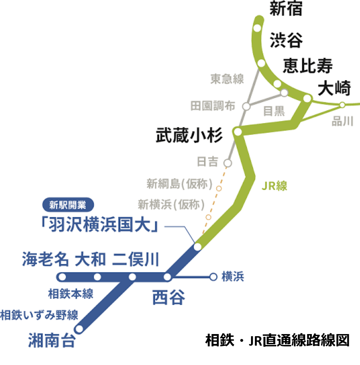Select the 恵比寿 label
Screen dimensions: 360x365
point(308,66)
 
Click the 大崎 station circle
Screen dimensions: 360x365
point(307,98)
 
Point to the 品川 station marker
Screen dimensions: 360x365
point(342,105)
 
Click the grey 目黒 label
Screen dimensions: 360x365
point(274,111)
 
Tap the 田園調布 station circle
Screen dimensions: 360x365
point(246,106)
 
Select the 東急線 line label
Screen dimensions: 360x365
point(227,79)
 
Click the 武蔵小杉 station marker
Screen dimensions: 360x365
point(238,132)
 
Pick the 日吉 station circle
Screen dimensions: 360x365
point(228,163)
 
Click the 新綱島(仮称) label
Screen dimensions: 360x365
point(180,184)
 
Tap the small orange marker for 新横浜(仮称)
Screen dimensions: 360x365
point(208,217)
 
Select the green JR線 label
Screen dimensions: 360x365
point(274,186)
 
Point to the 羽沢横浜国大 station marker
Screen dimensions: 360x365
point(198,247)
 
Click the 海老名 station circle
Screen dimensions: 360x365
point(62,277)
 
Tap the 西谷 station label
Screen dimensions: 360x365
point(168,298)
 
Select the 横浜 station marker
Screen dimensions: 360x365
point(213,277)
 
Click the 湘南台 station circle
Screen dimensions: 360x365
point(79,329)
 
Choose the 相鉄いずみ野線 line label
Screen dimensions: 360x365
point(39,315)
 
